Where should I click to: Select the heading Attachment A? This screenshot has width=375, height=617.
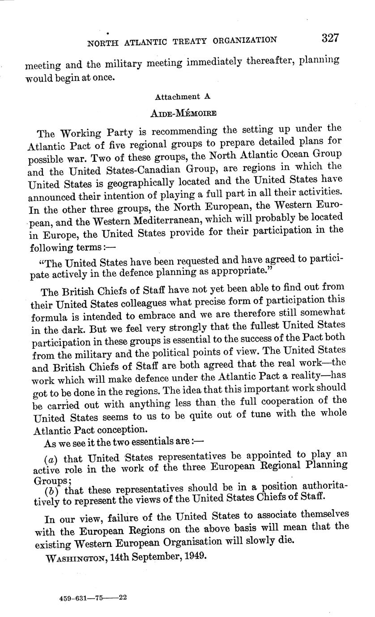pos(183,97)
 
